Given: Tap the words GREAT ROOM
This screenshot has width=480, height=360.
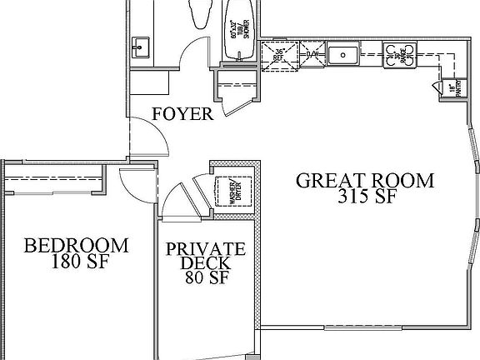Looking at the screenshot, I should click(366, 180).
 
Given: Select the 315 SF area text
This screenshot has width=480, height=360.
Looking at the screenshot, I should click(366, 197).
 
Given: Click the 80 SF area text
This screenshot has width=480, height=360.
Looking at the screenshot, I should click(206, 279).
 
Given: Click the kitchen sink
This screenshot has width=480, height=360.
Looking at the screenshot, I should click(342, 57).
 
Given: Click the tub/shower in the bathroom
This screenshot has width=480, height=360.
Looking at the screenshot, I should click(242, 32).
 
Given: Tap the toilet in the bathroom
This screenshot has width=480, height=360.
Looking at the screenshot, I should click(200, 14).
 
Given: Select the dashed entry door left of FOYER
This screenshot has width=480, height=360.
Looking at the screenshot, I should click(146, 135).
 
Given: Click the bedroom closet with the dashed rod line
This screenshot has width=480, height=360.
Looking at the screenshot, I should click(54, 177).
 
